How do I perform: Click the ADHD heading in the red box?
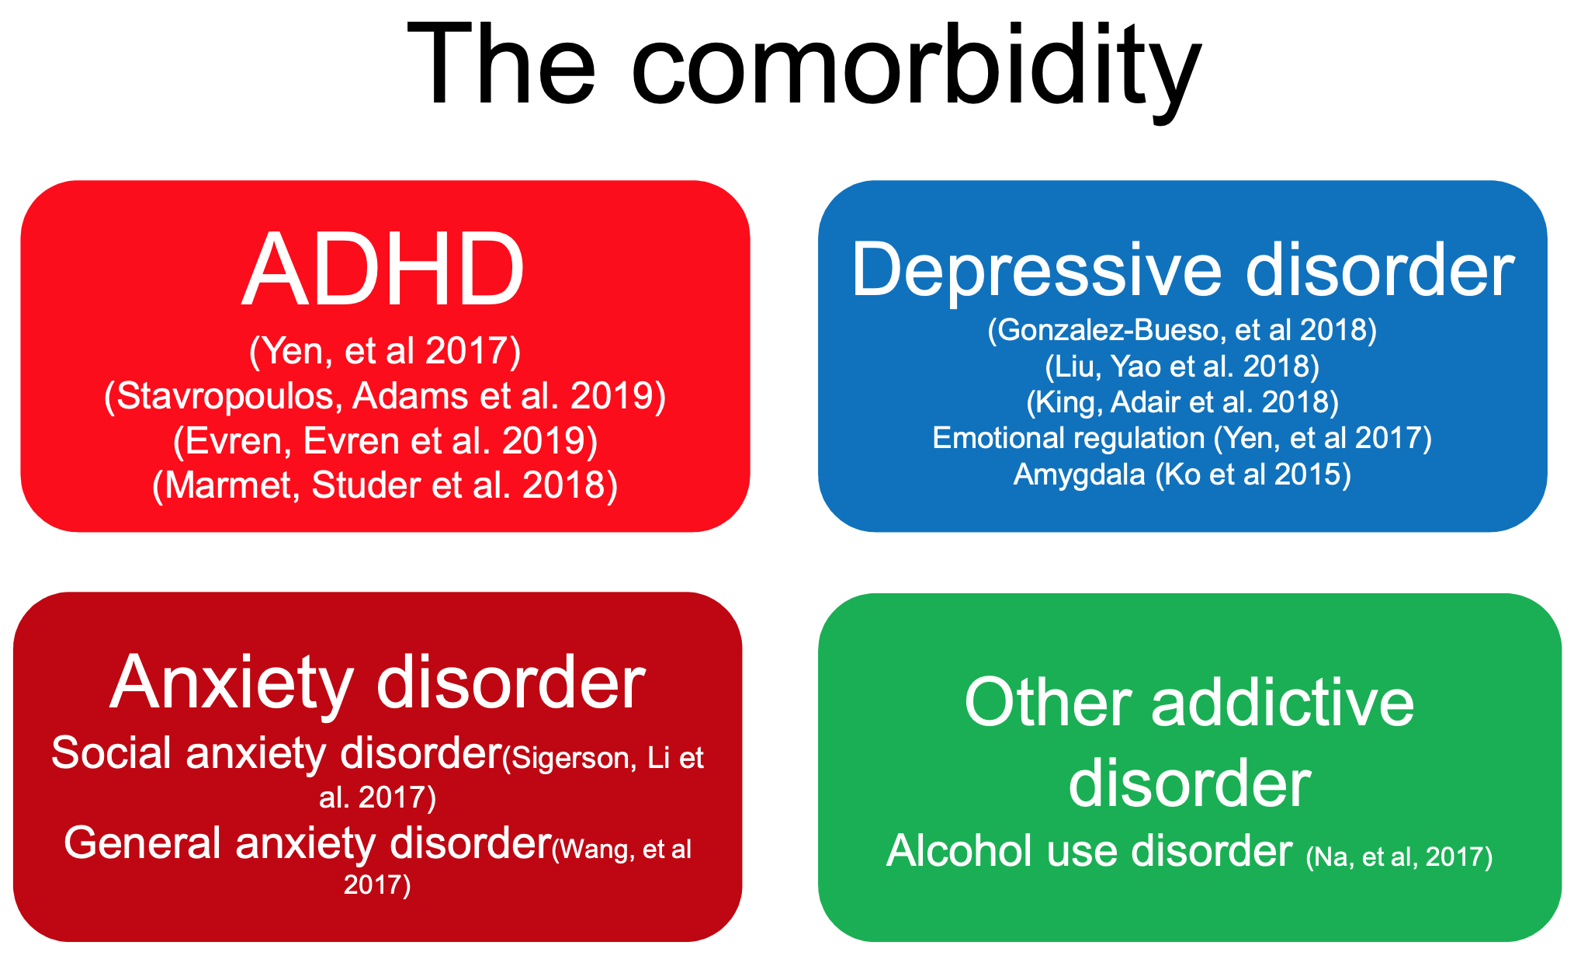(x=384, y=269)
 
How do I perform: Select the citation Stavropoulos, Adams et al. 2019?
(x=385, y=397)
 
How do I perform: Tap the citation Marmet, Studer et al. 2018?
(x=385, y=486)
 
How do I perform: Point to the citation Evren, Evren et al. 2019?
(x=385, y=441)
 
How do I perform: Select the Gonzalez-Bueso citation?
(x=1182, y=330)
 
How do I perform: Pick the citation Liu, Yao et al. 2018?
(x=1182, y=367)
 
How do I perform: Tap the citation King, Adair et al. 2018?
(x=1182, y=402)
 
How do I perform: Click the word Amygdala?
(x=1079, y=474)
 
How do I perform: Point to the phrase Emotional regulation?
(x=1069, y=439)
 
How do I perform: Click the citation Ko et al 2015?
(x=1253, y=474)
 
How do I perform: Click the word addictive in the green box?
(x=1282, y=703)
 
